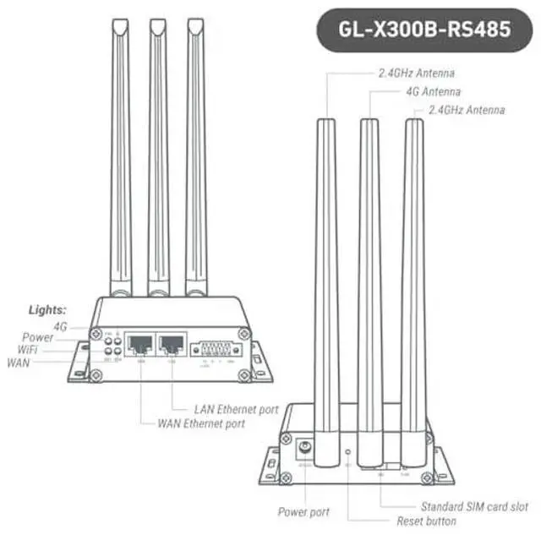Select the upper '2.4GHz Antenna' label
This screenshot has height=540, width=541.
415,74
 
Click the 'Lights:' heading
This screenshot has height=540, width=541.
47,310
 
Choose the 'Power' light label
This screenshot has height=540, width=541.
38,337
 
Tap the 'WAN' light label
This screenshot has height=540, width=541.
19,363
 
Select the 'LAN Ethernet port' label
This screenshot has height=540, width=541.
236,409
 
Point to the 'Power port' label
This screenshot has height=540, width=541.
303,512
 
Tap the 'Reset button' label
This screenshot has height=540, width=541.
429,521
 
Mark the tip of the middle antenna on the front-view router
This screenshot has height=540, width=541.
156,25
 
